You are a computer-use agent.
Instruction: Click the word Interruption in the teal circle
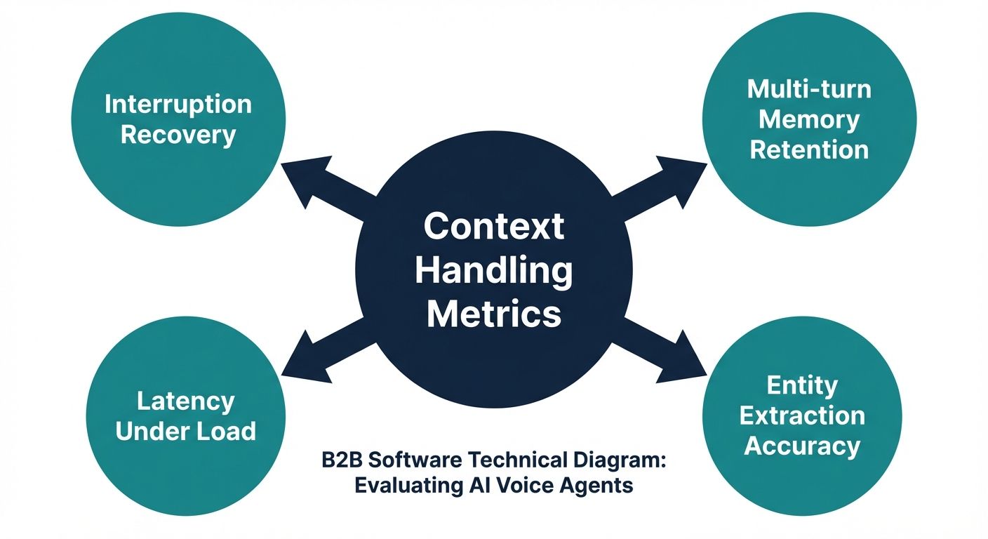178,105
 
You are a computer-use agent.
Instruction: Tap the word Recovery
178,134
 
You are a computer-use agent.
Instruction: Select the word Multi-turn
809,89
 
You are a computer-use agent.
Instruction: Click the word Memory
809,119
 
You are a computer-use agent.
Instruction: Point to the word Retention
809,149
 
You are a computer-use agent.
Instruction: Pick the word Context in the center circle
494,227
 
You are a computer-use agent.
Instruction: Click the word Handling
494,271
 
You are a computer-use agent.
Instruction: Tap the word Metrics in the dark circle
494,314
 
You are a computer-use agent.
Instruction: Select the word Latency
185,401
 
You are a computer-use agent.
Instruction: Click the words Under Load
185,431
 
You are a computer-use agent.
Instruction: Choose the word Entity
802,385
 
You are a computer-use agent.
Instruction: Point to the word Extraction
802,416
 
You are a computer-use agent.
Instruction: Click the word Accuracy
802,446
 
